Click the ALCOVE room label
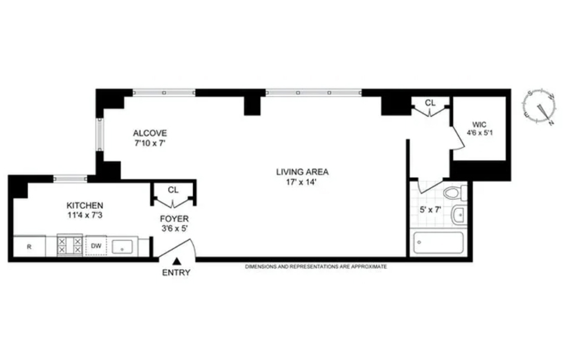(150, 133)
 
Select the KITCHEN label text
(85, 205)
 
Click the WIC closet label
(479, 123)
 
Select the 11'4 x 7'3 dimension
(85, 215)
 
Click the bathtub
(438, 243)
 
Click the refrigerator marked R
(29, 246)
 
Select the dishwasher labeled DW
(96, 246)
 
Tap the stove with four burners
(70, 245)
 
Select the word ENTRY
(177, 272)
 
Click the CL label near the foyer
(173, 189)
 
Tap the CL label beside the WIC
(430, 102)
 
